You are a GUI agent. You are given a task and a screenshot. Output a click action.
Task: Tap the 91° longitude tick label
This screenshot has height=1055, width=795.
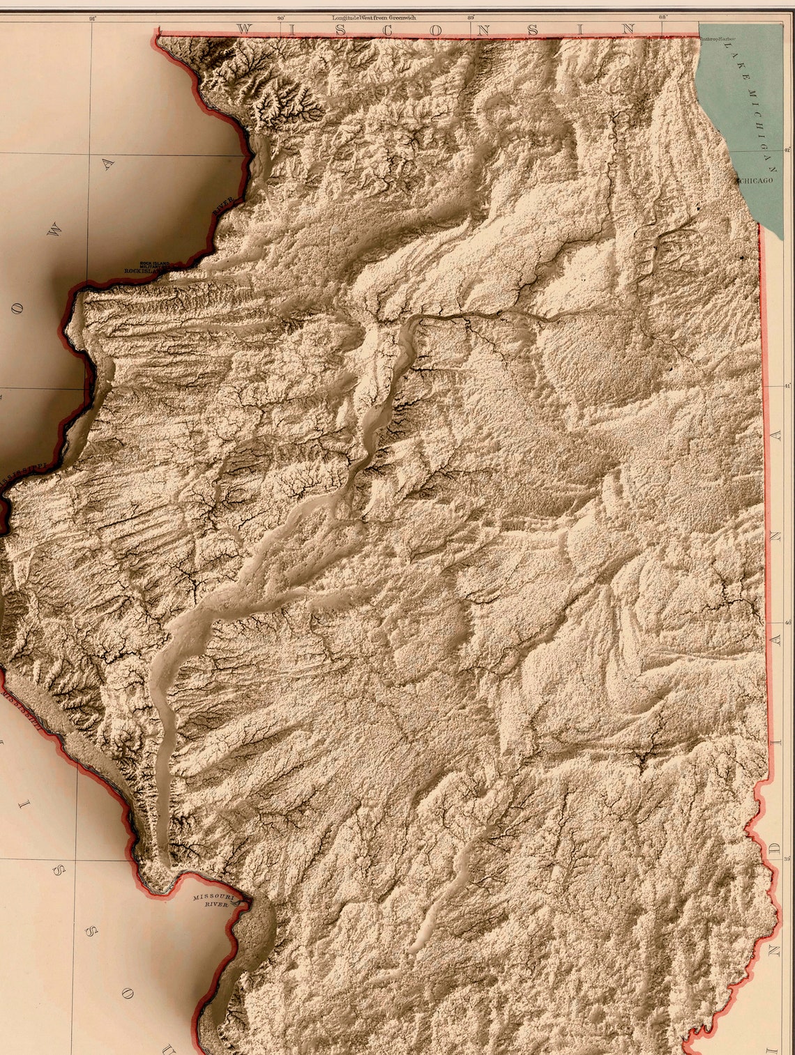(x=93, y=19)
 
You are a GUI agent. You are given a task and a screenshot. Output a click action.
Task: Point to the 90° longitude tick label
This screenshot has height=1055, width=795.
(x=281, y=19)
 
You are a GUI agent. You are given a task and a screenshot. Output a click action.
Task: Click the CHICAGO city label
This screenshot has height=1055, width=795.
(x=756, y=180)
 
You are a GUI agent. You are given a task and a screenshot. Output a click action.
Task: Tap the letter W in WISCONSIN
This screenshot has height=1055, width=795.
(x=244, y=29)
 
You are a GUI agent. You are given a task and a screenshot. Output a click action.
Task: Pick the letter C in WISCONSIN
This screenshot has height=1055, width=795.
(x=386, y=29)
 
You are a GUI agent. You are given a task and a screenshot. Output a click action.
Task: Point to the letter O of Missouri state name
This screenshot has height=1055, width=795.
(x=126, y=994)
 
